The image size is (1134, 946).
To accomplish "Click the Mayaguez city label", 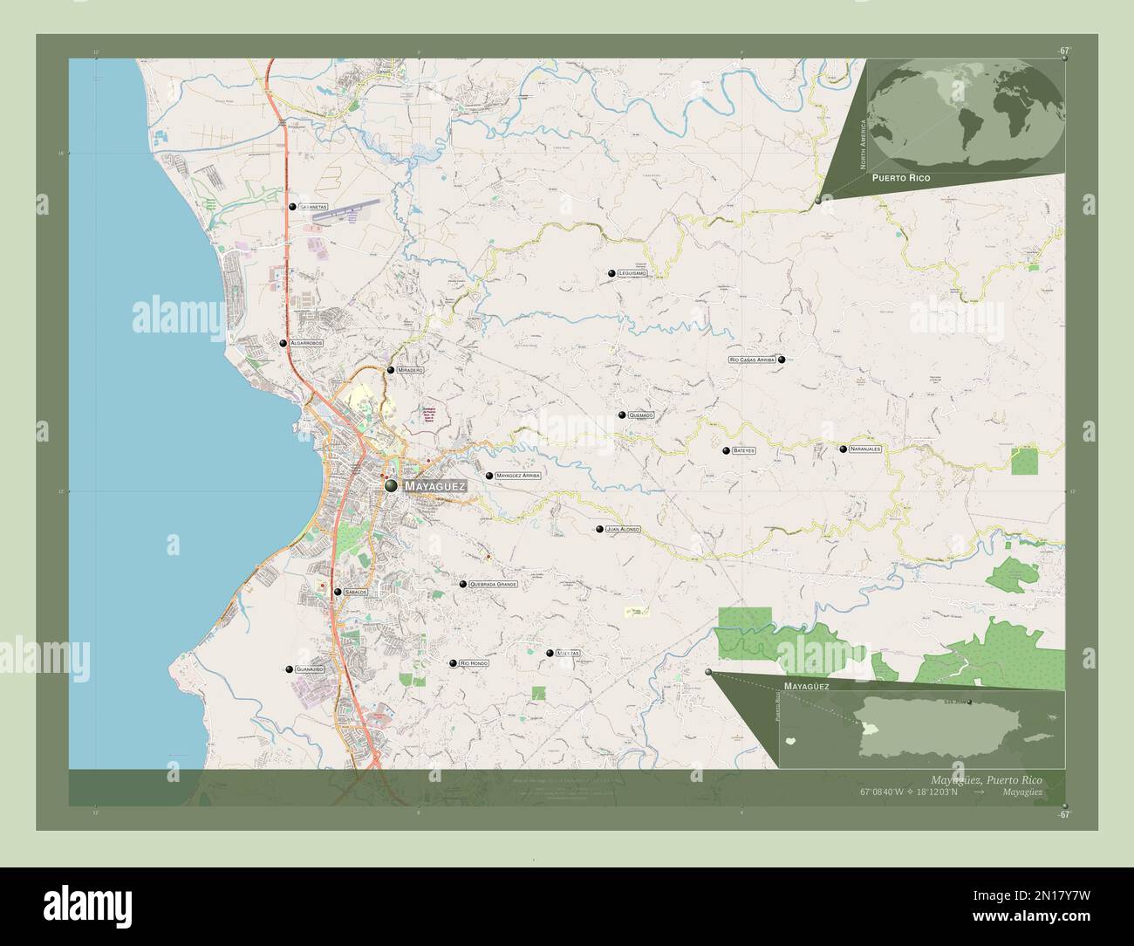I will (x=436, y=485).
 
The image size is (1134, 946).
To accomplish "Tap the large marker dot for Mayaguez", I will (x=391, y=485).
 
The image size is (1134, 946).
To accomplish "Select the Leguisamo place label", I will (x=632, y=273).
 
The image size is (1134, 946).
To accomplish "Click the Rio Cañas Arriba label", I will (x=752, y=360).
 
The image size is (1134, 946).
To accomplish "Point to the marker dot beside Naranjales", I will (x=843, y=449).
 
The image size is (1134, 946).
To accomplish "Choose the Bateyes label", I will (x=743, y=450).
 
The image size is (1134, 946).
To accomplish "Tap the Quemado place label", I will (x=640, y=415).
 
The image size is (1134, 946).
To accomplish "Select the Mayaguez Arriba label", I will (x=518, y=476).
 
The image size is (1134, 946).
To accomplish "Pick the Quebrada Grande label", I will (x=493, y=584).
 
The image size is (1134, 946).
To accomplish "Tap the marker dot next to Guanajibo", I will (x=289, y=669).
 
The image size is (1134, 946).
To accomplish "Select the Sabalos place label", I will (x=356, y=592).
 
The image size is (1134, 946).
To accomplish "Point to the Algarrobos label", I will (x=306, y=344).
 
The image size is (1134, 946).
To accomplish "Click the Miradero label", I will (x=410, y=370).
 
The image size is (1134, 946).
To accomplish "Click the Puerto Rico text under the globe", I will (x=898, y=177).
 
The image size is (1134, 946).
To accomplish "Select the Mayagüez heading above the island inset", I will (x=806, y=687).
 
